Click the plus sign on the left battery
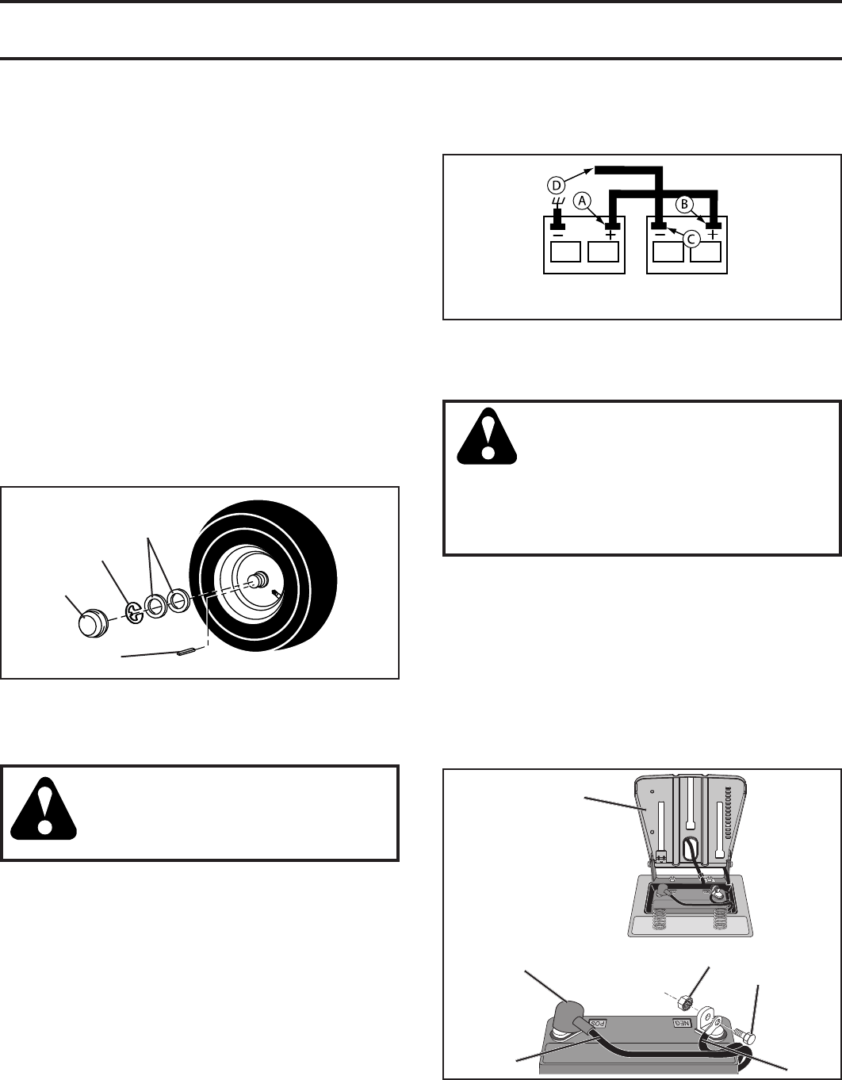click(x=610, y=236)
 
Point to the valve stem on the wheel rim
click(x=275, y=592)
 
